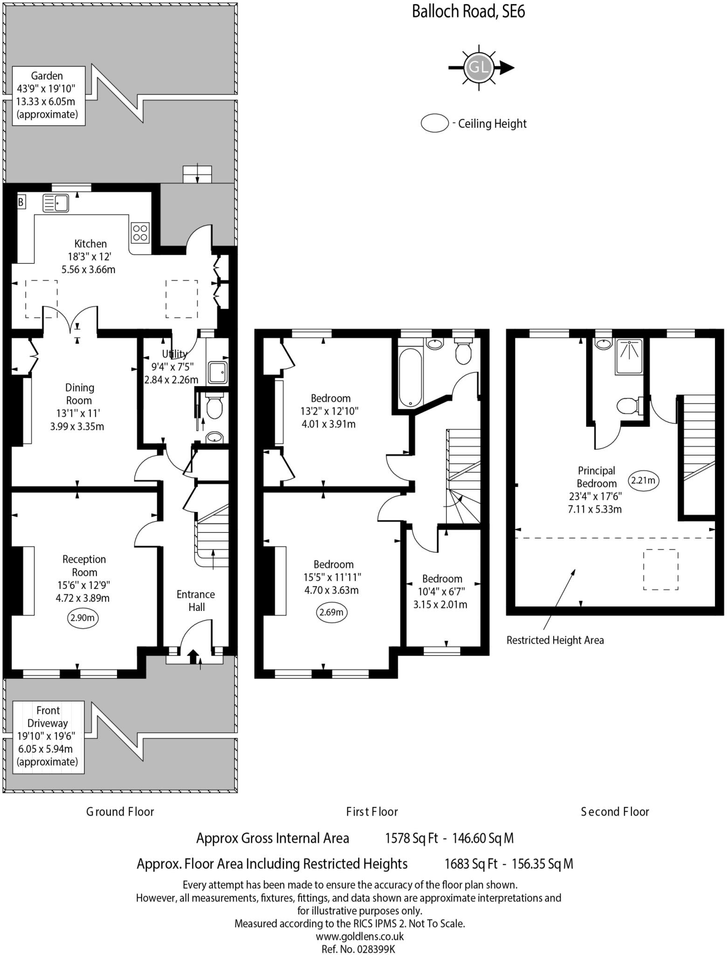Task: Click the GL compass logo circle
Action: (x=479, y=68)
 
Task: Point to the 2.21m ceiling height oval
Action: (x=644, y=480)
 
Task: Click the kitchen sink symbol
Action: (x=55, y=203)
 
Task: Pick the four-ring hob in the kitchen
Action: (x=140, y=232)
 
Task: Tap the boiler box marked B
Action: (x=21, y=202)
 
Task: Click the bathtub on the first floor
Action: (x=411, y=377)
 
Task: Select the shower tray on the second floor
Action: (x=629, y=357)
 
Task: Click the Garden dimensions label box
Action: (x=48, y=96)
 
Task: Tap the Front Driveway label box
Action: (x=48, y=736)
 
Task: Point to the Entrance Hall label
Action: (x=196, y=601)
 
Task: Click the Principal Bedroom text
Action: (x=596, y=477)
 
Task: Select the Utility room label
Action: (x=174, y=354)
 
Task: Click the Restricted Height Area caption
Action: (x=555, y=640)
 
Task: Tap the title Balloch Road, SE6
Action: (x=468, y=11)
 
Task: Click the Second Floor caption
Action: (x=614, y=812)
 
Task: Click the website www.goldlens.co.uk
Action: (x=359, y=936)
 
